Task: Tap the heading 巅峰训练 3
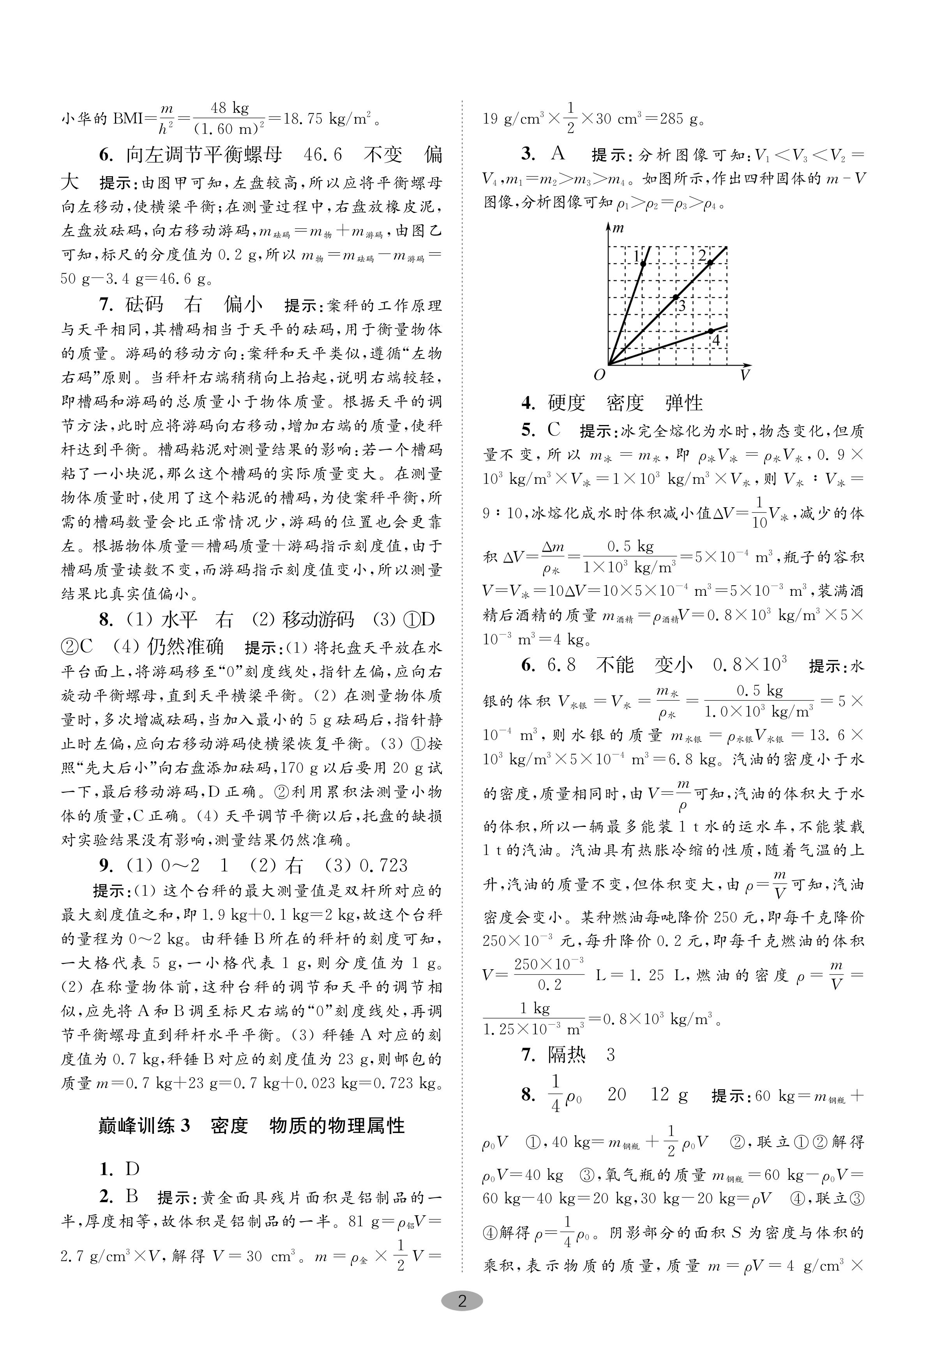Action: pos(145,1126)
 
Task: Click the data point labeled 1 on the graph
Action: pos(643,263)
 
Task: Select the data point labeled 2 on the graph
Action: pos(710,263)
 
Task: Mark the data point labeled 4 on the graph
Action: pos(711,331)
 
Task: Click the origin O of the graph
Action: pos(599,374)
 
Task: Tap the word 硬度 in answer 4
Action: pos(566,403)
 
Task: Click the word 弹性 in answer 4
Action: pos(684,403)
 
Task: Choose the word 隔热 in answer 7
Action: pos(566,1055)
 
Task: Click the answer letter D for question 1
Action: pos(133,1168)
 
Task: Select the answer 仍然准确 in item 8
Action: pos(185,647)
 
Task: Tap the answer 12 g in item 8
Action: pos(669,1095)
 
